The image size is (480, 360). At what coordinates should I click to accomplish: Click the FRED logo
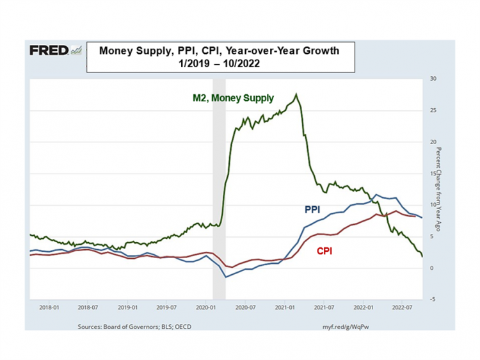[55, 51]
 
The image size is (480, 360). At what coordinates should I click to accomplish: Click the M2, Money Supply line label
[233, 99]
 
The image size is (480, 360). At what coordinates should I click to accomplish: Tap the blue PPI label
[312, 209]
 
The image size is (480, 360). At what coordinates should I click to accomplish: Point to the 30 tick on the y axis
[433, 79]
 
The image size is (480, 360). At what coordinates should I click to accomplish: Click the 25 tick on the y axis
[433, 110]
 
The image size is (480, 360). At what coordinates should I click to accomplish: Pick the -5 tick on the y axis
[433, 299]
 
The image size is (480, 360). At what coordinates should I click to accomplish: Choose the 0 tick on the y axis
[433, 267]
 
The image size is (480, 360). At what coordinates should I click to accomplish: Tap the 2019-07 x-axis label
[166, 307]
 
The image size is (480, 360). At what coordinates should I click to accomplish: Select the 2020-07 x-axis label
[244, 307]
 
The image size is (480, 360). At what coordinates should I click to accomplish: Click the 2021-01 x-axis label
[284, 307]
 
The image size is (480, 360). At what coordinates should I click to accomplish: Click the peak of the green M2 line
[296, 95]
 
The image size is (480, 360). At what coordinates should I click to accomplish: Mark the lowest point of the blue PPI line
[225, 277]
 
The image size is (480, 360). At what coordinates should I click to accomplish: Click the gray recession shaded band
[219, 192]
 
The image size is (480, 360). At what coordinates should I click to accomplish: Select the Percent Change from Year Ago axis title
[440, 186]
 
